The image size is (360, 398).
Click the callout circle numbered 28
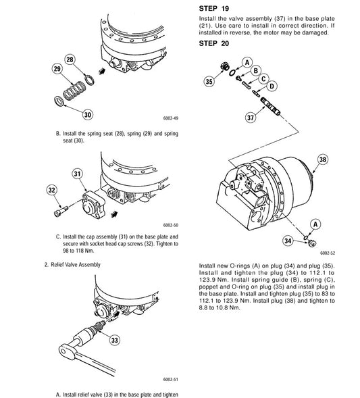(70, 59)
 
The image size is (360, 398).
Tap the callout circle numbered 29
(57, 69)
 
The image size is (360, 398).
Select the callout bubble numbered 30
(88, 115)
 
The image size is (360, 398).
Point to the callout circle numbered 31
(77, 174)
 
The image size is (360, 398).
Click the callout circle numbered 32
(52, 190)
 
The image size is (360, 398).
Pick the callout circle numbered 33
(115, 340)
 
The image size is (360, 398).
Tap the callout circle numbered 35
(209, 82)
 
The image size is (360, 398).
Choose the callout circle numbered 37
(251, 118)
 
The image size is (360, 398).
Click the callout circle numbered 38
(323, 159)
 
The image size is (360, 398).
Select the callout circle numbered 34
(288, 241)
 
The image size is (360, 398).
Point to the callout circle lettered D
(272, 86)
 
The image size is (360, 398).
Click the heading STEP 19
(214, 9)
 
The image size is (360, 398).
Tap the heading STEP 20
(214, 43)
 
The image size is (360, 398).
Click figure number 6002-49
(171, 118)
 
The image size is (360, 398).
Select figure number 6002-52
(328, 253)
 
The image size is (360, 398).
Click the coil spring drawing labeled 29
(74, 91)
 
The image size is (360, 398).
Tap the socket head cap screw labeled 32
(61, 212)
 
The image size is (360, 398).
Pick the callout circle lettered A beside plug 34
(315, 224)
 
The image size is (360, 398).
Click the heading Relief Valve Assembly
(76, 265)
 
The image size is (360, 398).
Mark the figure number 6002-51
(171, 379)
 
